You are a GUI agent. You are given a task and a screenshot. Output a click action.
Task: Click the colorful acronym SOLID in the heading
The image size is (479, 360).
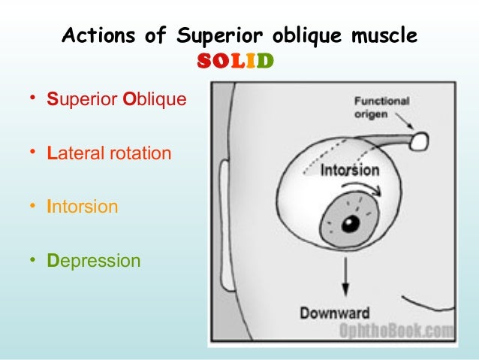point(236,60)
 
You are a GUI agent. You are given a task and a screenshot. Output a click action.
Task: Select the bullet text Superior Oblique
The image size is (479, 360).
point(116,100)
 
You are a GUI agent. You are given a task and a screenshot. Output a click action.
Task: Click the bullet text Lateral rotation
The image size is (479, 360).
point(109,154)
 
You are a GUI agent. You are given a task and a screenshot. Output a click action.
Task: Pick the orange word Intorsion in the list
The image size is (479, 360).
point(82,207)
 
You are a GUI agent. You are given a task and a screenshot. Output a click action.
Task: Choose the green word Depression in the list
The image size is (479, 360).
point(93,261)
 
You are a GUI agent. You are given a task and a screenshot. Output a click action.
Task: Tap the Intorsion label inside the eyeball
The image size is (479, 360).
point(350,170)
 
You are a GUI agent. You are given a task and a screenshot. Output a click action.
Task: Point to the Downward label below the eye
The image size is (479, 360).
point(335,313)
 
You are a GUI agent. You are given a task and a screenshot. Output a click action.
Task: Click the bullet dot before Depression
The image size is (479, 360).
point(33,260)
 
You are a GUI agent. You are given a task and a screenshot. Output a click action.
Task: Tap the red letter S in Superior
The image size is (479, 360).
point(52,100)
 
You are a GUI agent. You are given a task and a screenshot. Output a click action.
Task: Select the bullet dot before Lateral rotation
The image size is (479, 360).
point(33,153)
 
